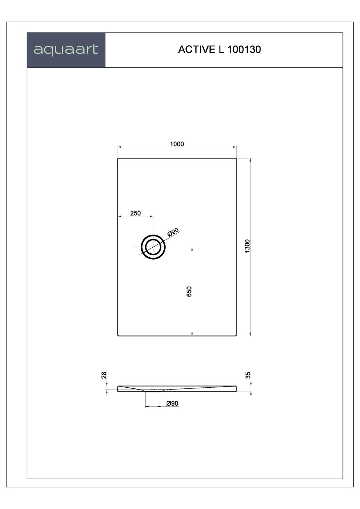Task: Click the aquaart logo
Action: point(66,50)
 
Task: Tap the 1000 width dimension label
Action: point(177,144)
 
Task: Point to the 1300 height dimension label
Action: point(247,246)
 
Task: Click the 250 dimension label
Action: point(135,213)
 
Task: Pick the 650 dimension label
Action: point(189,291)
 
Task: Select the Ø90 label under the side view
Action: point(172,404)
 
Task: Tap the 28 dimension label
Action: point(104,375)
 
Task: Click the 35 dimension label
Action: point(248,375)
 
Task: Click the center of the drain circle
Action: point(153,247)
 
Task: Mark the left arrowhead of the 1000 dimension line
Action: point(120,147)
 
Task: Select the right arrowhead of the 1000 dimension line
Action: point(235,147)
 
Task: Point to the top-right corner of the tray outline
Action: point(236,158)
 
